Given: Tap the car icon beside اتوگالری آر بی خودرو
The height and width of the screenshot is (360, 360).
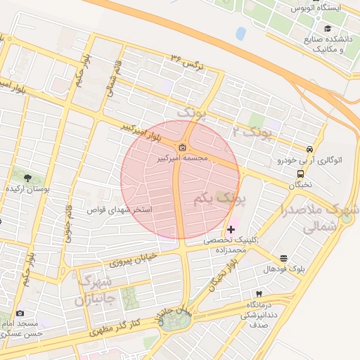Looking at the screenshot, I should [x=309, y=149].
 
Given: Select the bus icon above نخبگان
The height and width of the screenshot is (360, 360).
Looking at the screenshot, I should [x=301, y=173].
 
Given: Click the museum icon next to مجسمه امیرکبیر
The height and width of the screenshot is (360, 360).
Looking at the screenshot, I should [x=183, y=147].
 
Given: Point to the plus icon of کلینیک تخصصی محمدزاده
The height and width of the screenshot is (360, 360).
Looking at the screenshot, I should [x=231, y=230].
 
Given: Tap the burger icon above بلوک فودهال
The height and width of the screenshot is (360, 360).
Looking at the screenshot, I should [x=283, y=258].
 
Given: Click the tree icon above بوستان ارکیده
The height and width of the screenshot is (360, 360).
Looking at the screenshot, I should [x=27, y=177].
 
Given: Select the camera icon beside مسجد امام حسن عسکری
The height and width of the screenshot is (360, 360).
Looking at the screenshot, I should [x=19, y=313].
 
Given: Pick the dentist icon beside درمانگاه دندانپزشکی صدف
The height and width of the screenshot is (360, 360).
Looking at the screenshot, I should [x=259, y=292].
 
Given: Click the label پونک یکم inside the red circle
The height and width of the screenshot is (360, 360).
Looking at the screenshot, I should [x=220, y=200].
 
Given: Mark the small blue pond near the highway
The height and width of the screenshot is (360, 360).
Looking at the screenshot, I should [x=241, y=33].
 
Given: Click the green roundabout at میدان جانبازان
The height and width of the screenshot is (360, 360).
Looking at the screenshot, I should [x=171, y=321].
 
